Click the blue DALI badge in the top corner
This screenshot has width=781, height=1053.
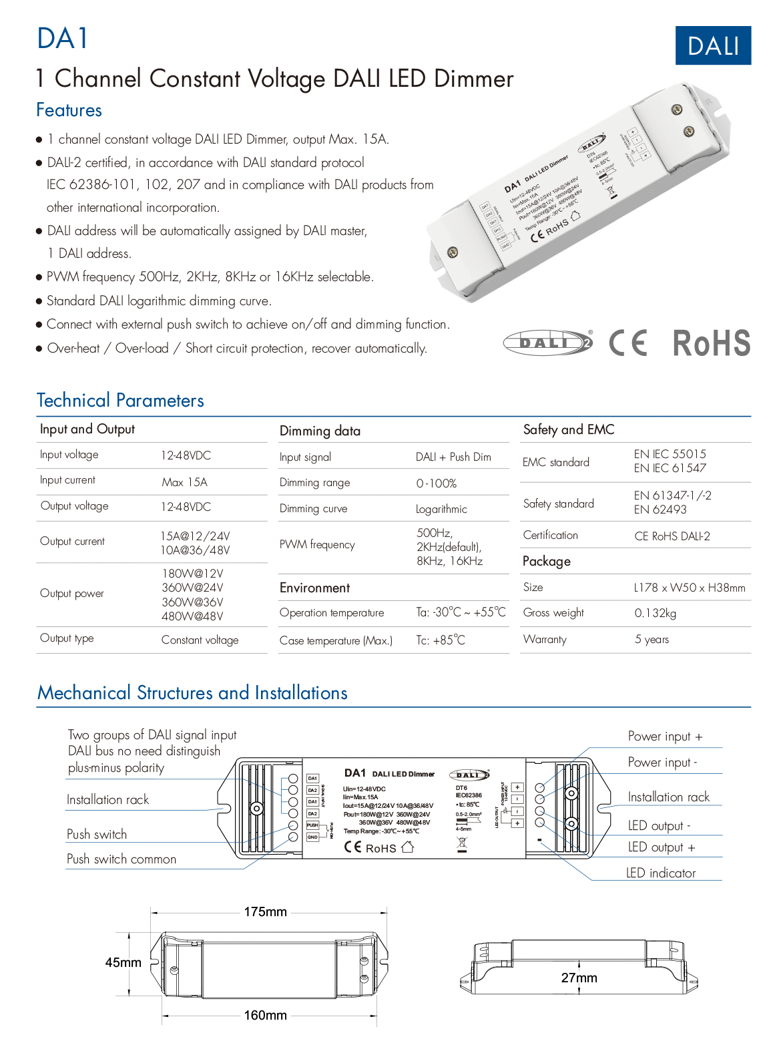pyautogui.click(x=713, y=45)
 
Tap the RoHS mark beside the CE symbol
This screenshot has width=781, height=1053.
pyautogui.click(x=711, y=343)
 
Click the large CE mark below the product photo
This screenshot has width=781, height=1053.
pyautogui.click(x=628, y=343)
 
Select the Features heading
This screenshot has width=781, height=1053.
pyautogui.click(x=69, y=110)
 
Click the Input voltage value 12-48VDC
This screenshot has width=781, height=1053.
pyautogui.click(x=186, y=455)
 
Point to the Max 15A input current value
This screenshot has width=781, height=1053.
pyautogui.click(x=184, y=482)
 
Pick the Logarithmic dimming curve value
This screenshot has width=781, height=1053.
pyautogui.click(x=441, y=509)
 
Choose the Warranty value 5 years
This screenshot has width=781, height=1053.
pyautogui.click(x=652, y=640)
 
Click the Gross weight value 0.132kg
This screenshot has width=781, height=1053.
pyautogui.click(x=655, y=613)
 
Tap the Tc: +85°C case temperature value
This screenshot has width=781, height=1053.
pyautogui.click(x=441, y=640)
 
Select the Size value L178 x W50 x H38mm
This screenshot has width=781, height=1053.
pyautogui.click(x=690, y=588)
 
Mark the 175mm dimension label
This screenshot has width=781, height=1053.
pyautogui.click(x=265, y=912)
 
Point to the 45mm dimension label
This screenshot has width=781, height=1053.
pyautogui.click(x=123, y=963)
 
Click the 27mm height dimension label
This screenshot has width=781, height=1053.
pyautogui.click(x=579, y=978)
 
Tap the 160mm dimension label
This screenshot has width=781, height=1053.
pyautogui.click(x=265, y=1016)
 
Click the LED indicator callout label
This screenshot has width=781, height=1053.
pyautogui.click(x=660, y=873)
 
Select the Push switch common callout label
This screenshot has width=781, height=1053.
pyautogui.click(x=121, y=859)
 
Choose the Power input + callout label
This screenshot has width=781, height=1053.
pyautogui.click(x=665, y=736)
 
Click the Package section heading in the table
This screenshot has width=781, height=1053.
pyautogui.click(x=546, y=562)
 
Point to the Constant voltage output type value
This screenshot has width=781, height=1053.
pyautogui.click(x=200, y=640)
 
